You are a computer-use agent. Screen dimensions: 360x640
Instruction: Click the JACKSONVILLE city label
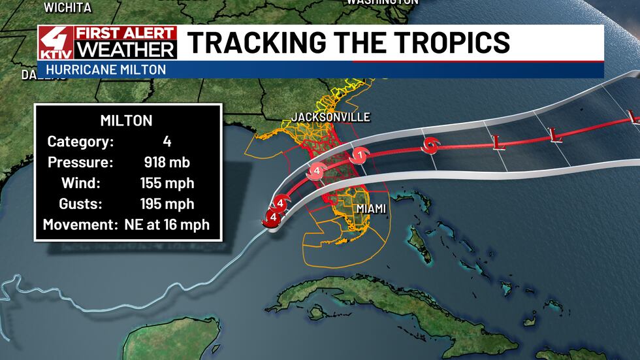coord(330,118)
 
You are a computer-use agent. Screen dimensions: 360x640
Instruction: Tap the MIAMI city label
coord(370,208)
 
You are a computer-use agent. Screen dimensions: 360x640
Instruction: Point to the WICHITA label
coord(67,8)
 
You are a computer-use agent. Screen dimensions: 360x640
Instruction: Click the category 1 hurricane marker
coord(358,155)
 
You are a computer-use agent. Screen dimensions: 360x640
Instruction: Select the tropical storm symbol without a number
coord(430,146)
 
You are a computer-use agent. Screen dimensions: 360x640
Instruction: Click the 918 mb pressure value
coord(167,162)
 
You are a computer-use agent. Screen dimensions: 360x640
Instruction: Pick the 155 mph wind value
coord(167,183)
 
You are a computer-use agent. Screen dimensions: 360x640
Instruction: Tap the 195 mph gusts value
coord(167,204)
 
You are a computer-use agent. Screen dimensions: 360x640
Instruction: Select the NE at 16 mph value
coord(167,225)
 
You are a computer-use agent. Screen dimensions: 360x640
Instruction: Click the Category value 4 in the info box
coord(167,142)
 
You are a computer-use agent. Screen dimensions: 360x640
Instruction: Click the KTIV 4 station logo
coord(56,44)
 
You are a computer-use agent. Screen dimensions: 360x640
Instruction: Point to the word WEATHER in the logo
coord(126,50)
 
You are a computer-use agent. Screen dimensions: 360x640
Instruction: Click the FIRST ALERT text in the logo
coord(126,34)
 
